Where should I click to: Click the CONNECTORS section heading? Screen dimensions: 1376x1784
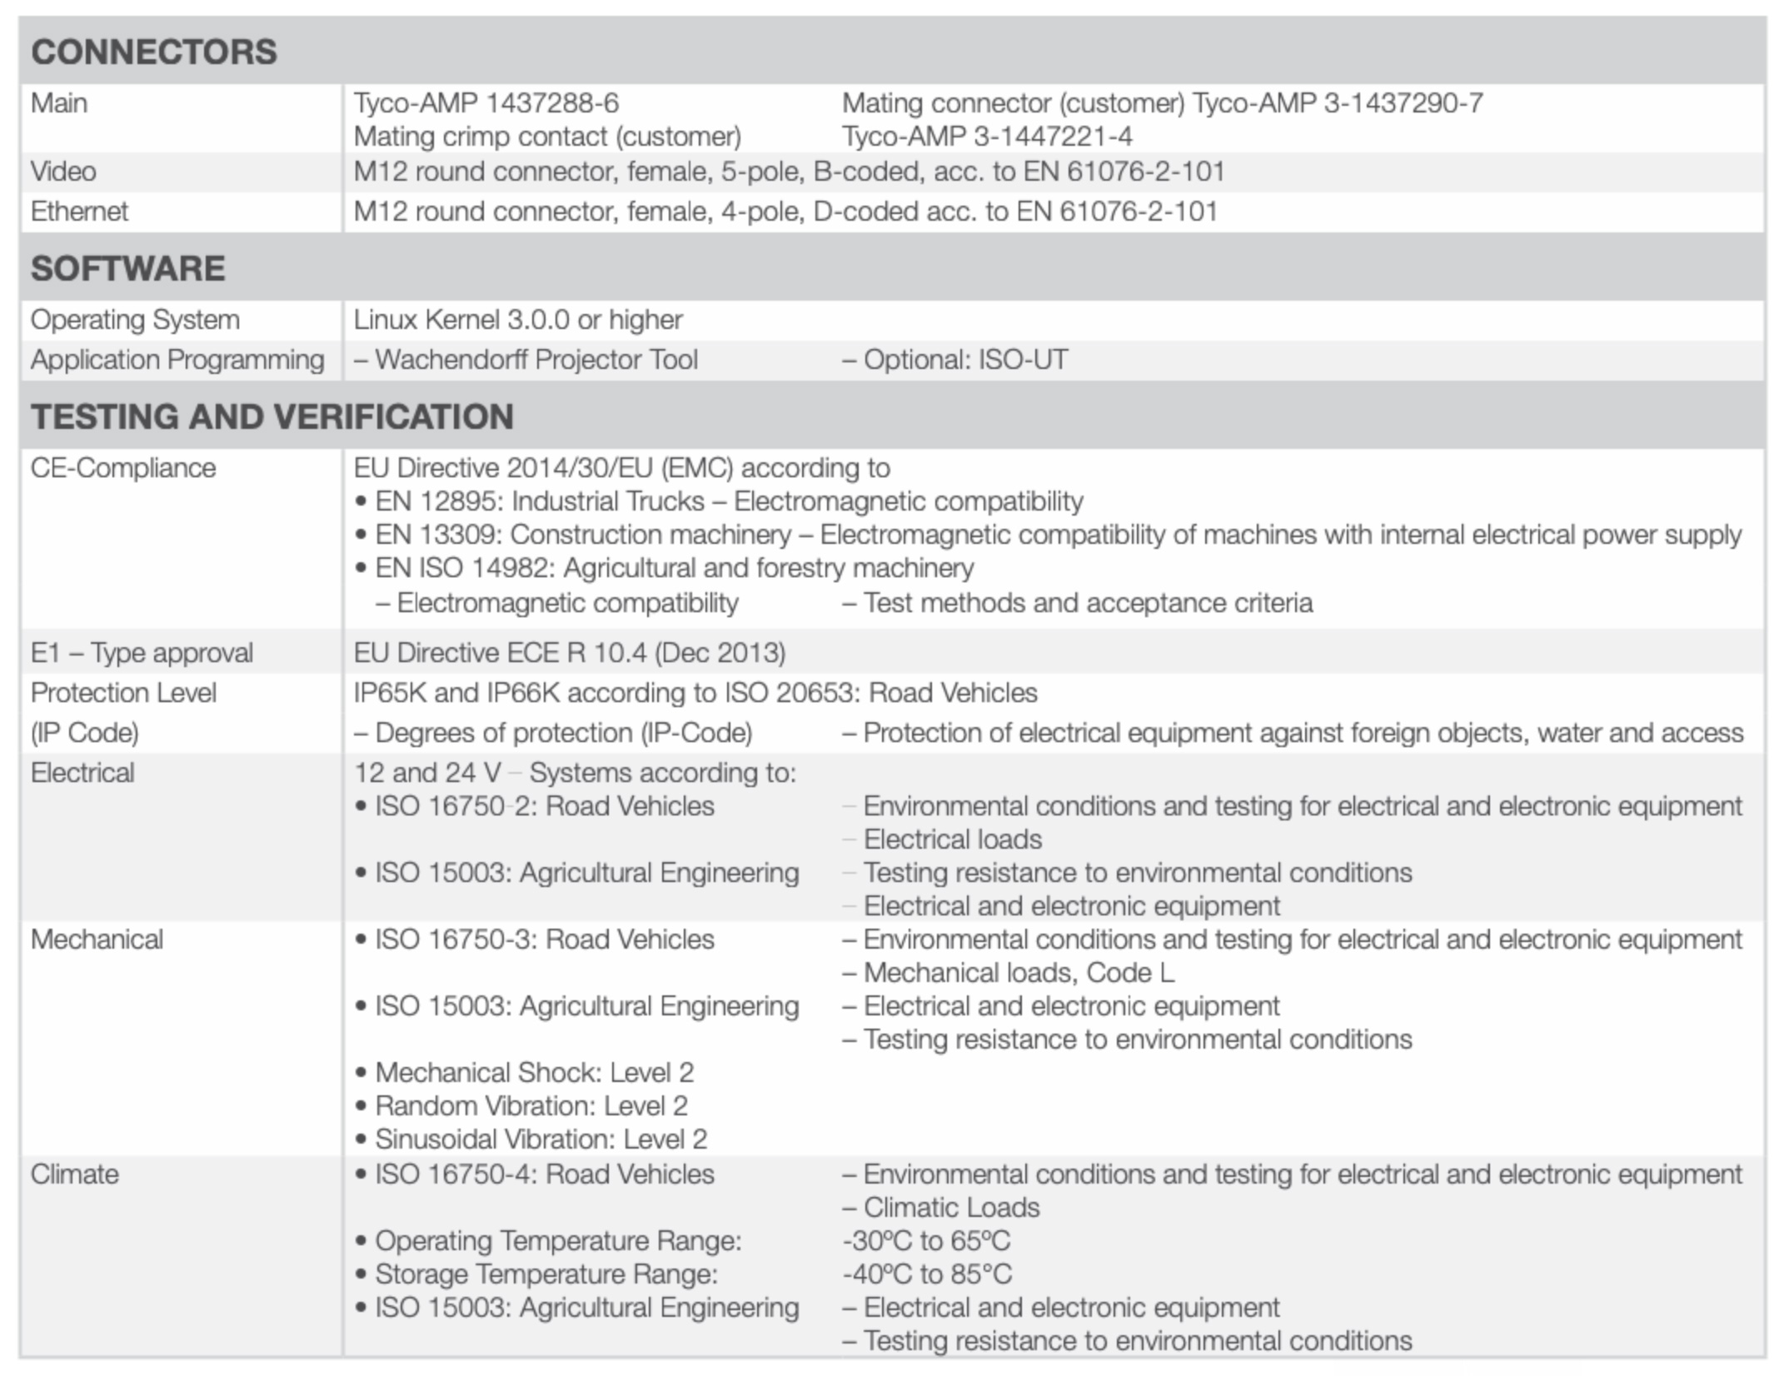[154, 52]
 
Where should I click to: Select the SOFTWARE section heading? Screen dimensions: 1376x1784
[127, 268]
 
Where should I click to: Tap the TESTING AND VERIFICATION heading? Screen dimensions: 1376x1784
[272, 416]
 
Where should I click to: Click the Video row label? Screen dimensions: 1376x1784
[63, 172]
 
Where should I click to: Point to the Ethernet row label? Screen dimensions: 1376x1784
[79, 212]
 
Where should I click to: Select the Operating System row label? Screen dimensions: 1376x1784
[135, 320]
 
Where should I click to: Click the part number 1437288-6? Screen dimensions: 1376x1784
[551, 103]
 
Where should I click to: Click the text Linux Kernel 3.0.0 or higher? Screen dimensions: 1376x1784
[517, 320]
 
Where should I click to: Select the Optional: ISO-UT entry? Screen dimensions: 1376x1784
[964, 360]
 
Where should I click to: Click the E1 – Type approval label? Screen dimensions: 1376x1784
[142, 653]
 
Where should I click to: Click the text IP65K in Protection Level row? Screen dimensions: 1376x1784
[390, 693]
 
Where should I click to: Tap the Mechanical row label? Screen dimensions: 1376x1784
[97, 940]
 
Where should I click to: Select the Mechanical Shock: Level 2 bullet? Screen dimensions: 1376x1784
[533, 1073]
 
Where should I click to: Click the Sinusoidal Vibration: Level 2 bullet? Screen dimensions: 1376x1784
[540, 1139]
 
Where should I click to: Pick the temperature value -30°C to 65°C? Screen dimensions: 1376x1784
[926, 1241]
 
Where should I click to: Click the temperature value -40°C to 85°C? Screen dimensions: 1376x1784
[927, 1274]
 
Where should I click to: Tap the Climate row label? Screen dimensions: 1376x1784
[75, 1174]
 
